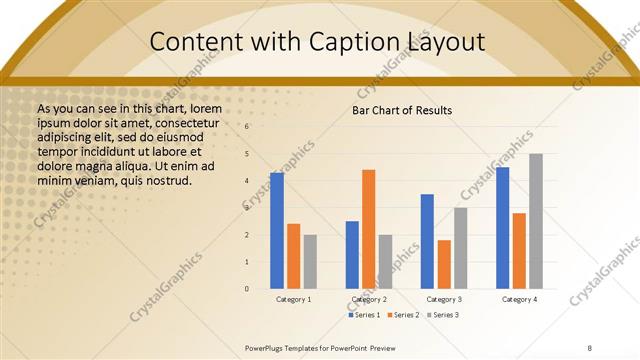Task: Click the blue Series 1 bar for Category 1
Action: coord(277,230)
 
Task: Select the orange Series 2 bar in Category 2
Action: coord(368,229)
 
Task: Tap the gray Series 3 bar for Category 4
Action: coord(536,221)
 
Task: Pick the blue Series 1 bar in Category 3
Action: coord(427,241)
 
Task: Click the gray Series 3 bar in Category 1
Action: coord(310,261)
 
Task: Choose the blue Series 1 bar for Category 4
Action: coord(502,227)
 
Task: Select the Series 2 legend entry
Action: coord(402,315)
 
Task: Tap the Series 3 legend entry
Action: coord(443,315)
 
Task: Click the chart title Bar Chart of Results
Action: coord(402,110)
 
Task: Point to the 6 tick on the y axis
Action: coord(247,127)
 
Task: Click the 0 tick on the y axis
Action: coord(247,289)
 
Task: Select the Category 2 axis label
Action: coord(369,299)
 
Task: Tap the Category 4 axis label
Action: coord(519,299)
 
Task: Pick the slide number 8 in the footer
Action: coord(590,348)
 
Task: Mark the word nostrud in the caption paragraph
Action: coord(163,181)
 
